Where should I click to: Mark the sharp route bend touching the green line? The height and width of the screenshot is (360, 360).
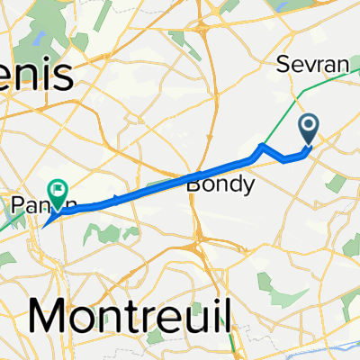[261, 145]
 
